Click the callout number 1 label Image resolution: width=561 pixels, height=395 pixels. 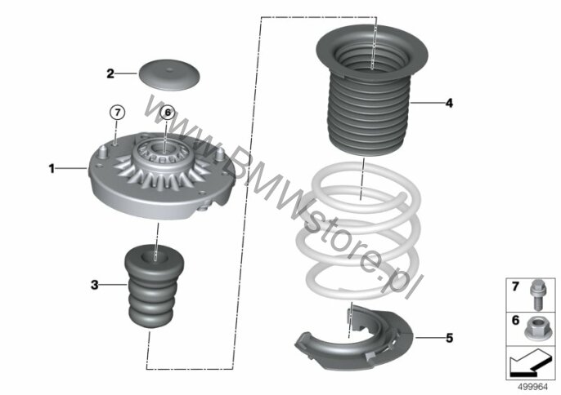(x=52, y=168)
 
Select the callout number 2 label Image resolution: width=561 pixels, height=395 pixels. (x=110, y=73)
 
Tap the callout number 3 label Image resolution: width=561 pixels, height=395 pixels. (x=95, y=285)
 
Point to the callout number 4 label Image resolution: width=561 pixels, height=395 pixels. (x=449, y=103)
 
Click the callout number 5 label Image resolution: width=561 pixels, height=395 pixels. (x=450, y=338)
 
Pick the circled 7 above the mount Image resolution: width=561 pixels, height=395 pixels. (x=118, y=113)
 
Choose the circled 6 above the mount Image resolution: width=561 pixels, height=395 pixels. (x=168, y=113)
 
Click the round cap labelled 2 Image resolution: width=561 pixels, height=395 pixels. (x=168, y=74)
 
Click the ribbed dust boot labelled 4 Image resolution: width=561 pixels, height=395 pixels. (x=372, y=89)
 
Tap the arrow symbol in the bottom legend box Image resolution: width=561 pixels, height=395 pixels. (x=530, y=362)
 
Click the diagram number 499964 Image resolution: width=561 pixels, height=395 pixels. (x=533, y=387)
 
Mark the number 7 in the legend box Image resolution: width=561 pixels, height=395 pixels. (x=515, y=286)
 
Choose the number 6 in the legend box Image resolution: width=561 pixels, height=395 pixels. (x=515, y=320)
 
